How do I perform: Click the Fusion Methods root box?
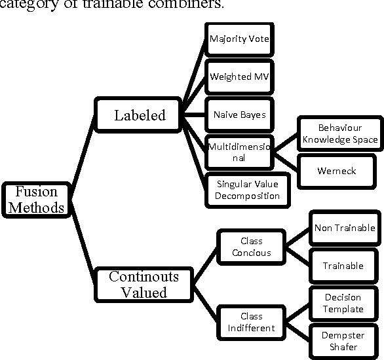click(35, 200)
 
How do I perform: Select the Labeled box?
click(140, 116)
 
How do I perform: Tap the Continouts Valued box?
click(144, 284)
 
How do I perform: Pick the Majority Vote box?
click(239, 39)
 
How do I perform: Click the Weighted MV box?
click(239, 77)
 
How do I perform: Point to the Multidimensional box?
click(239, 152)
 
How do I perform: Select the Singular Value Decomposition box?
click(247, 190)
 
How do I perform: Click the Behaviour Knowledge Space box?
click(339, 134)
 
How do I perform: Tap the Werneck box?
click(336, 171)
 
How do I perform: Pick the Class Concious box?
click(251, 247)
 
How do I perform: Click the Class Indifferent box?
click(251, 322)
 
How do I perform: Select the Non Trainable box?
click(343, 228)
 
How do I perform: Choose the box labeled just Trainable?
click(343, 266)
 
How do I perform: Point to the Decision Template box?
click(343, 304)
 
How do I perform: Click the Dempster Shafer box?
click(343, 341)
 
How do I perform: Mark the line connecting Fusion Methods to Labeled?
click(83, 154)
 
